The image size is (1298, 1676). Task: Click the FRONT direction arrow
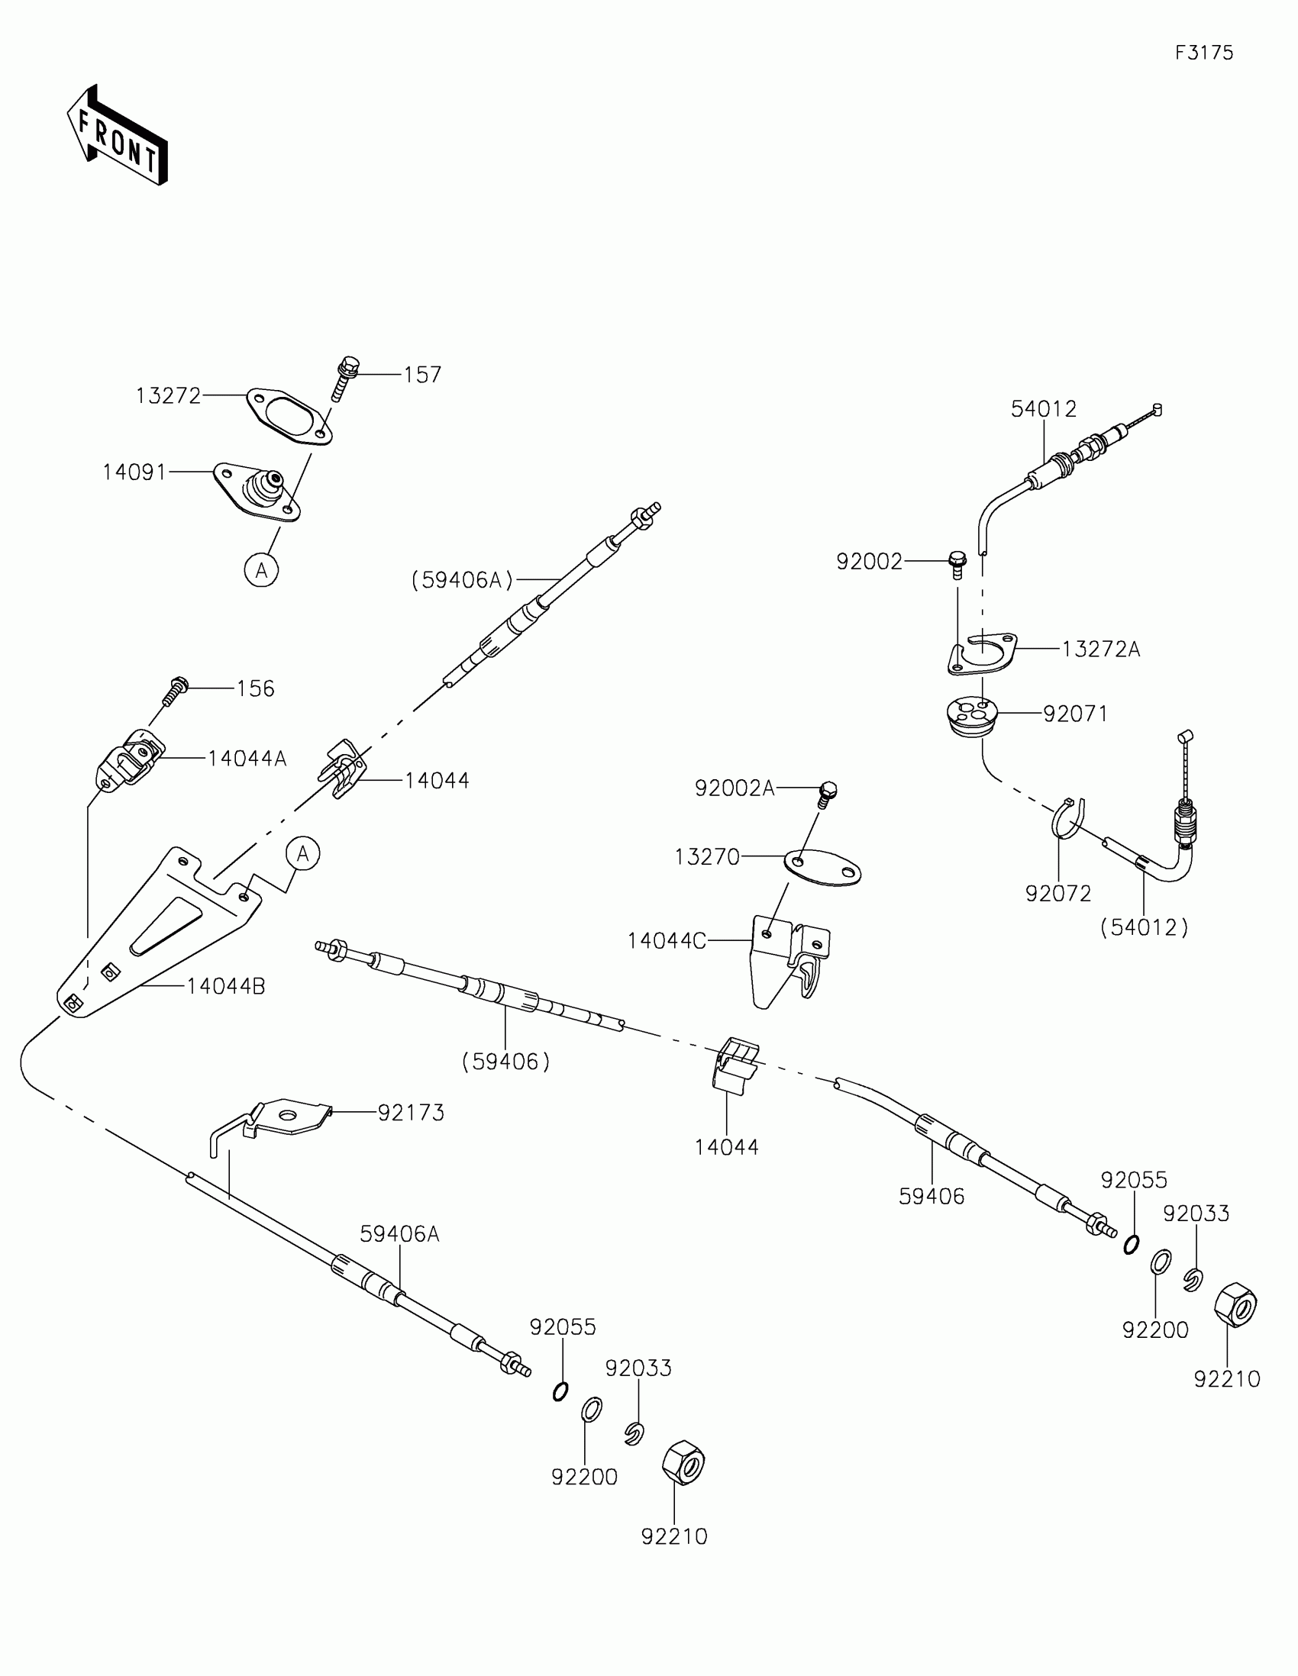coord(117,135)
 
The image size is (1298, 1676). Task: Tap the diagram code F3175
coord(1203,53)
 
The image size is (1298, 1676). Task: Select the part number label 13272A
coord(1101,649)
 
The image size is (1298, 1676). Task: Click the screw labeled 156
coord(175,690)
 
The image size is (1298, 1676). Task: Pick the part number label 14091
coord(134,472)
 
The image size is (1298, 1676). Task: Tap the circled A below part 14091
coord(261,570)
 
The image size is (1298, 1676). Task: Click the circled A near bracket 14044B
coord(303,853)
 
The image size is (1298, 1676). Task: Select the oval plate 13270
coord(822,867)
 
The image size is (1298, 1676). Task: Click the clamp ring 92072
coord(1066,818)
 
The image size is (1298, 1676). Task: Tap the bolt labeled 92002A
coord(827,794)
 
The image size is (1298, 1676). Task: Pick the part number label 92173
coord(411,1113)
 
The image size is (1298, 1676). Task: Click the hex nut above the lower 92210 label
coord(683,1462)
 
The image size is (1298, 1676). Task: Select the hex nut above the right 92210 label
coord(1235,1305)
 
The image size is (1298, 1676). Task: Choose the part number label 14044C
coord(667,941)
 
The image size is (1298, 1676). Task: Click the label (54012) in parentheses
coord(1144,928)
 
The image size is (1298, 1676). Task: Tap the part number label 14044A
coord(247,758)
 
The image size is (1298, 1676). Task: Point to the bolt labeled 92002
coord(957,564)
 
